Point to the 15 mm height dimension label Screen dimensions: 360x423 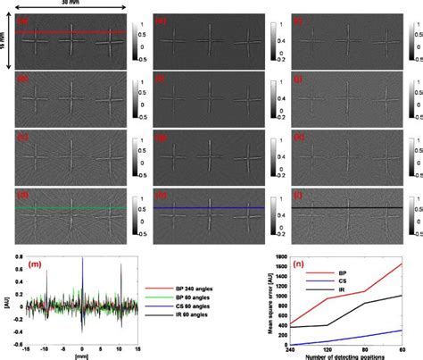pyautogui.click(x=5, y=40)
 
